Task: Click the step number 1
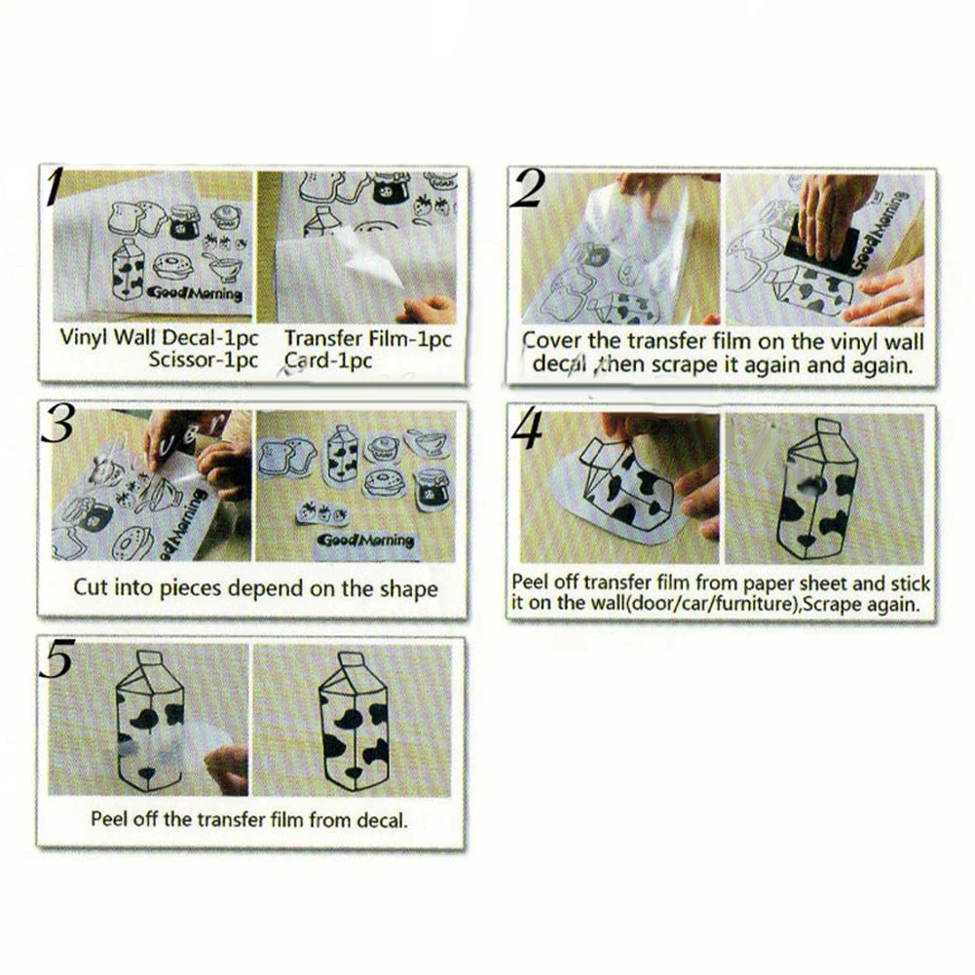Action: point(56,187)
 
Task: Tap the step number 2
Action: point(527,189)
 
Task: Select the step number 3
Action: point(57,424)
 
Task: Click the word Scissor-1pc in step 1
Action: point(203,360)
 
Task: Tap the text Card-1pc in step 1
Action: point(328,360)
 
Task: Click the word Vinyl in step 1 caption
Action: point(84,338)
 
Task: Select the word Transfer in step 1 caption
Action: point(323,338)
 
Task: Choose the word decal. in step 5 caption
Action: point(382,820)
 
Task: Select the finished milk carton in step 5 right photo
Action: point(353,722)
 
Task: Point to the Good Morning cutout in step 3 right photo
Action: point(365,541)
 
